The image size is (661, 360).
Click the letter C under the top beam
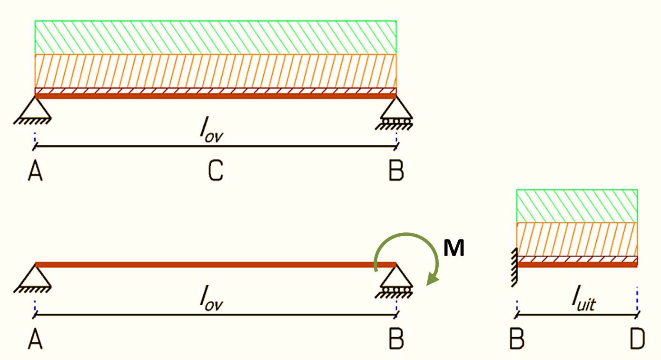216,171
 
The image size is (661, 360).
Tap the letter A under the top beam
35,171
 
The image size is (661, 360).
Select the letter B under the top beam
396,171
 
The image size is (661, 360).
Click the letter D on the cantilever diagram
637,339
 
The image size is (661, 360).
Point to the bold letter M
454,249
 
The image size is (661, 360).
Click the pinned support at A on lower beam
34,279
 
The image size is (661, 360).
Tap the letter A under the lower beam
35,339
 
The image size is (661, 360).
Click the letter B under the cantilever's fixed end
517,339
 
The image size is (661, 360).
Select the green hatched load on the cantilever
577,206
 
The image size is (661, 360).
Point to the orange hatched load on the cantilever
577,239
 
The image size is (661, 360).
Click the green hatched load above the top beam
216,37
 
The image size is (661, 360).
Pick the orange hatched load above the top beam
216,71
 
